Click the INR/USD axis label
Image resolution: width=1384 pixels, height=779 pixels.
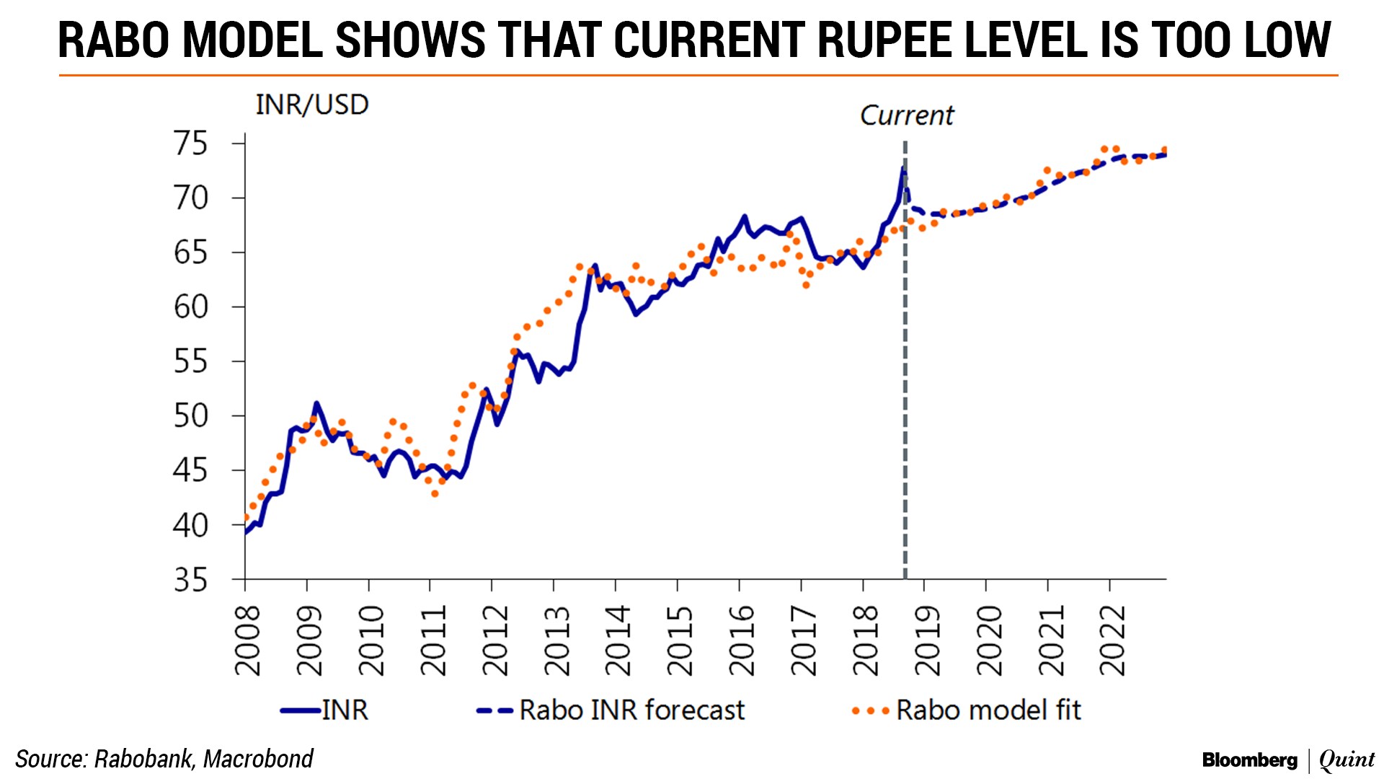click(x=311, y=105)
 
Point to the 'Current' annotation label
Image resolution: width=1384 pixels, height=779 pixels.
click(x=906, y=115)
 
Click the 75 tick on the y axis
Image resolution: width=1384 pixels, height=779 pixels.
click(x=190, y=144)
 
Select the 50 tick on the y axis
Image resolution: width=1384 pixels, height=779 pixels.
click(x=190, y=416)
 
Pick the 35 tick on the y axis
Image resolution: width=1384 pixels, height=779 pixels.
click(x=190, y=580)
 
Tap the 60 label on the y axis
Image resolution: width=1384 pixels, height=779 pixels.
click(x=190, y=307)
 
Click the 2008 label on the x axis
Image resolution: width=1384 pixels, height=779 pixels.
click(x=247, y=640)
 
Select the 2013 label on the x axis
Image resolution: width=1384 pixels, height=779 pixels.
click(x=556, y=640)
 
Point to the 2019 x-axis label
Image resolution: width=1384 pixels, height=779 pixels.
click(x=926, y=640)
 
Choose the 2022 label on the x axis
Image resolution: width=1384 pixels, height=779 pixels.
click(x=1112, y=640)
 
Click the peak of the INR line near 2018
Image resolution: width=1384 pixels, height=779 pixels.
click(x=902, y=168)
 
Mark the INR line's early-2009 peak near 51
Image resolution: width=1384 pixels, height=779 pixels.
click(x=316, y=403)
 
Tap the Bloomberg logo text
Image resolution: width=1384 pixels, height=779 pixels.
click(x=1249, y=760)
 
